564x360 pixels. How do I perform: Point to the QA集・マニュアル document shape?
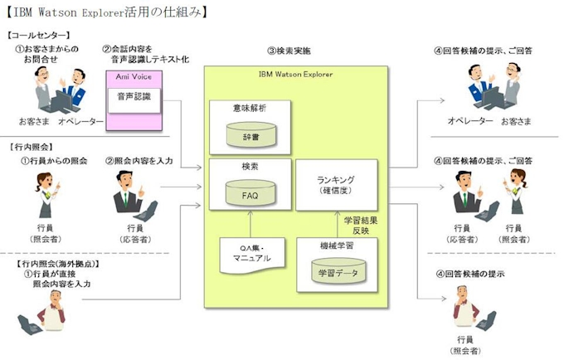pyautogui.click(x=251, y=252)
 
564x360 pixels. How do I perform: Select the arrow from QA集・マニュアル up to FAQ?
pyautogui.click(x=250, y=224)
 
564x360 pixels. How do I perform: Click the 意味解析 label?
pyautogui.click(x=250, y=107)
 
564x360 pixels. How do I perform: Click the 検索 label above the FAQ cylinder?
pyautogui.click(x=250, y=167)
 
